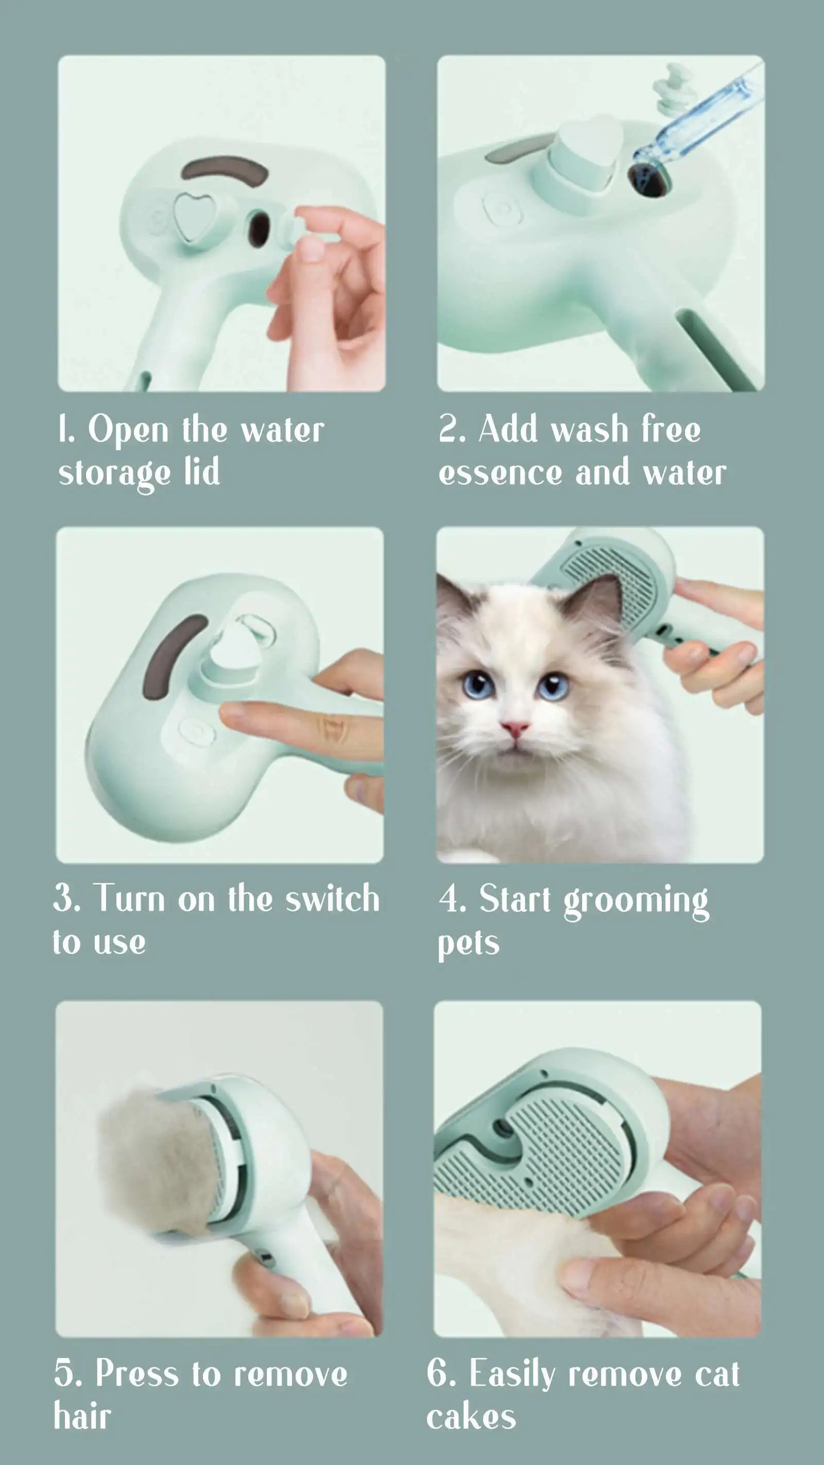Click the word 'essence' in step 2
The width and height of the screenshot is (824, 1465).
pos(500,473)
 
